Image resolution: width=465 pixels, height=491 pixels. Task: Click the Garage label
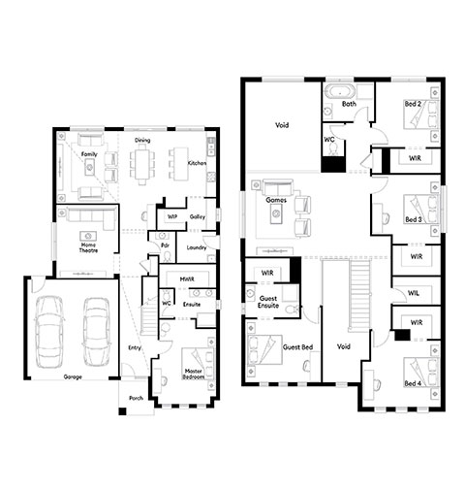73,376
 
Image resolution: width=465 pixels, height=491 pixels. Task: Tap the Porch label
136,398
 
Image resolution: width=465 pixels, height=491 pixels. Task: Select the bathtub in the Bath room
340,91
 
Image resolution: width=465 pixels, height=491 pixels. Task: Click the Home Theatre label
88,247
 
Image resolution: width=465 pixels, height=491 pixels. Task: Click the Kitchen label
197,163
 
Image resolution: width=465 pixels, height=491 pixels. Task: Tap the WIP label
172,216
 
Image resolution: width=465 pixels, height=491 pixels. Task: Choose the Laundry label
197,247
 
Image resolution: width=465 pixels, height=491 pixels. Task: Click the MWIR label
187,278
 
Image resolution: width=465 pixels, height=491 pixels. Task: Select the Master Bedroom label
194,375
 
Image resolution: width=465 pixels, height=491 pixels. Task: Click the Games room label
276,200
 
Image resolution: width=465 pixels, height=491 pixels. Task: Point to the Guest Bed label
297,347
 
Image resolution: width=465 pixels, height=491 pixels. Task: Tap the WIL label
414,293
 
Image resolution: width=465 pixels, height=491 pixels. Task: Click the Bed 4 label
413,383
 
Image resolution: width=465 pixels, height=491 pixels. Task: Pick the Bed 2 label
413,104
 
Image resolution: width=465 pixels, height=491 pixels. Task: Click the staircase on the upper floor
359,296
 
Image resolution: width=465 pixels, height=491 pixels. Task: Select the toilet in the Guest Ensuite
291,310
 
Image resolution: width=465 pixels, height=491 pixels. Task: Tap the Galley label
198,216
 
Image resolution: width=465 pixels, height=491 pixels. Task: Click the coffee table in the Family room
90,168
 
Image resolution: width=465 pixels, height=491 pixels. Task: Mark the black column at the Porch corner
122,411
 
